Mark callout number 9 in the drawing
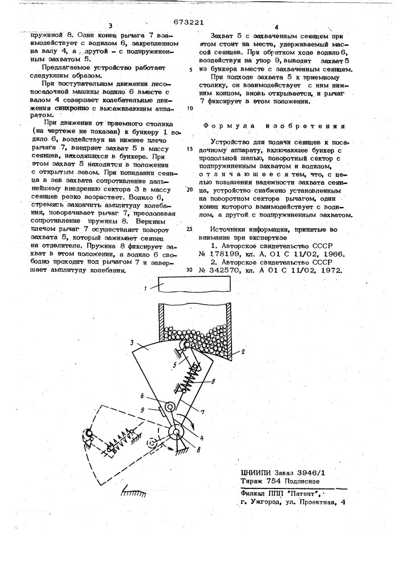(143, 410)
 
